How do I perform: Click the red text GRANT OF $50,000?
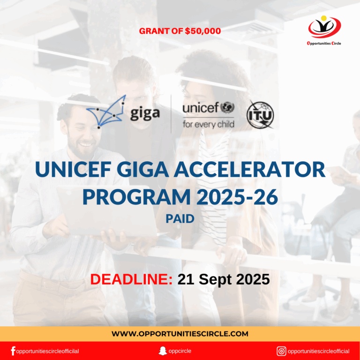[180, 31]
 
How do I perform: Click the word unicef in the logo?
[200, 108]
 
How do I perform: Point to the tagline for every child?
[208, 125]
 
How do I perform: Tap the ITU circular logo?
[261, 115]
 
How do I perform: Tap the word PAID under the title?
[180, 219]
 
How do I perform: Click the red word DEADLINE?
[131, 279]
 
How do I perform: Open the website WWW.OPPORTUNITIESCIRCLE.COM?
[180, 334]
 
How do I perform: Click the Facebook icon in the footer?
[13, 351]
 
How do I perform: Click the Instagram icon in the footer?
[281, 351]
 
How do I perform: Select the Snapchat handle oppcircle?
[180, 351]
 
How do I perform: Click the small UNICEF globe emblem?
[227, 108]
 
